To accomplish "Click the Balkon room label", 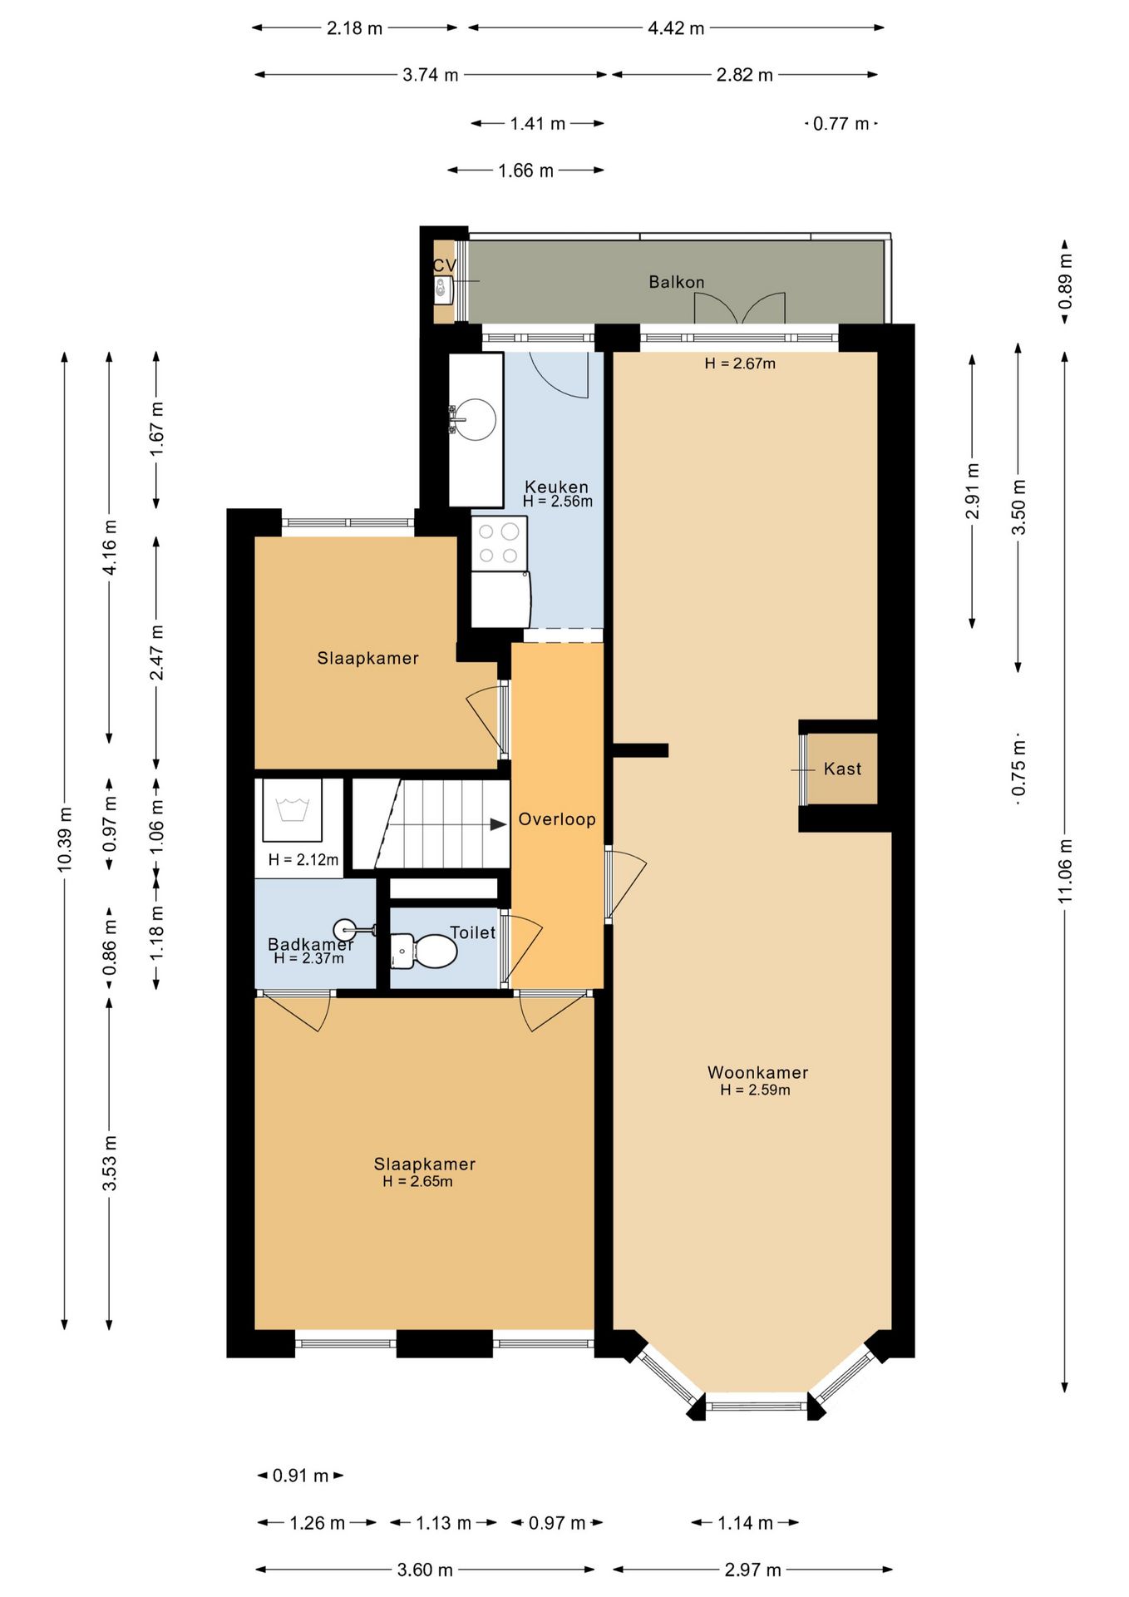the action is pos(676,282).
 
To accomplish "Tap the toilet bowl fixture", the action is pos(424,951).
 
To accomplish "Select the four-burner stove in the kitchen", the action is pos(499,543).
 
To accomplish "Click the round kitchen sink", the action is pos(476,419).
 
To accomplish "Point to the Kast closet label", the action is pos(842,769).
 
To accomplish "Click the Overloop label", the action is pos(557,819).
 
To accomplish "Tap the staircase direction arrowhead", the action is pos(498,824).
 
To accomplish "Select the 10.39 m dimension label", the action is pos(65,839).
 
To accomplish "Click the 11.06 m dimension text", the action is pos(1065,871).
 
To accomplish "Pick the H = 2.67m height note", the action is pos(740,363).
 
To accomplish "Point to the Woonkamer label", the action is pos(757,1073).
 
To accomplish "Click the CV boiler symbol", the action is pos(443,290).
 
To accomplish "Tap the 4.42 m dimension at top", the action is pos(676,28).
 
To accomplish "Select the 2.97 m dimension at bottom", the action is pos(752,1570).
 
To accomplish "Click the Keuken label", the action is pos(556,487).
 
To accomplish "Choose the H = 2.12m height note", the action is pos(303,859).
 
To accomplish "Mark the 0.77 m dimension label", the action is pos(841,124).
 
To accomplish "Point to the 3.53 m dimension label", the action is pos(110,1162).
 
